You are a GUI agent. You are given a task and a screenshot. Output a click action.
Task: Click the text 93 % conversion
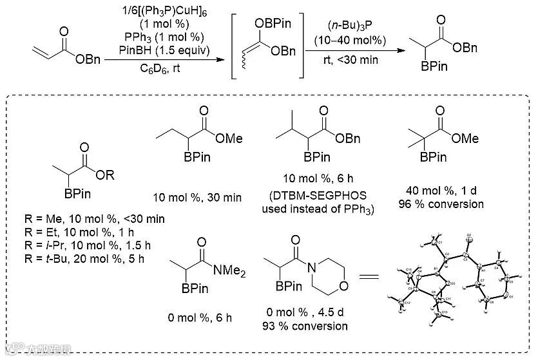306,326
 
